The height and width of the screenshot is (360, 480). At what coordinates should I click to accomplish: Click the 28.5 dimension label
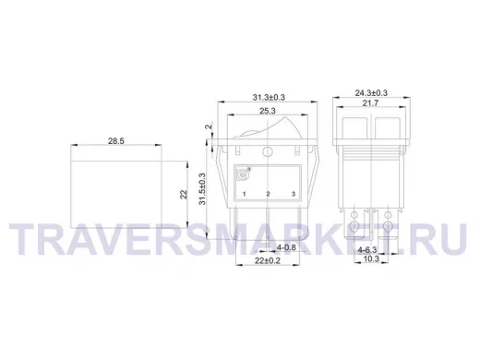[116, 141]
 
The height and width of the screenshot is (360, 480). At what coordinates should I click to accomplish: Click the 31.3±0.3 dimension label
[269, 97]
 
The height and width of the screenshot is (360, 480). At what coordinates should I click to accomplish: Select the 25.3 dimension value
[268, 111]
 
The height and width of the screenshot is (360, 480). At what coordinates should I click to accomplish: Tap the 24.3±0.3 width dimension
[371, 92]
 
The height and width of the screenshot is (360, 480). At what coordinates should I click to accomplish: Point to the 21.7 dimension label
[370, 103]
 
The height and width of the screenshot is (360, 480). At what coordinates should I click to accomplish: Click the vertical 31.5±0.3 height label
[202, 189]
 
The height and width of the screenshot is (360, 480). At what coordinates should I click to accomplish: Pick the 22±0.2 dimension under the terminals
[268, 260]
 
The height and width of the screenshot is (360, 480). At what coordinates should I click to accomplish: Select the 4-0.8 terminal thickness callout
[286, 247]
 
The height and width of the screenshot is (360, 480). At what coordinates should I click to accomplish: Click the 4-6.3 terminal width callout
[367, 250]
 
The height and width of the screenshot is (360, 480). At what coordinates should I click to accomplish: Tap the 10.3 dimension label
[371, 259]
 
